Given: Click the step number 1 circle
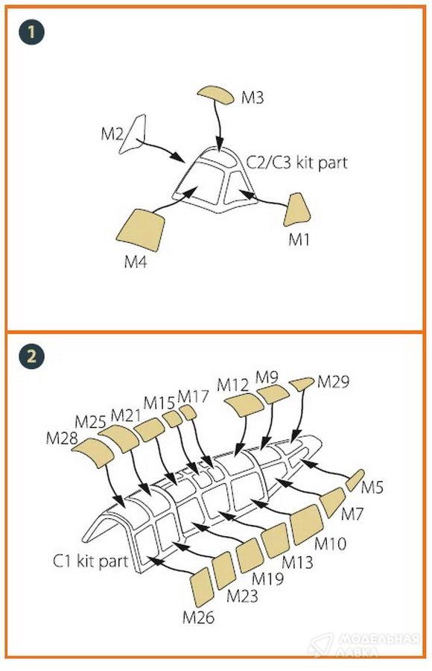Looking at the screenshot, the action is point(31,32).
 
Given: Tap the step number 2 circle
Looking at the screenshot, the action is point(31,356).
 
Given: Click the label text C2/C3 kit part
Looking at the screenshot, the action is point(297,163).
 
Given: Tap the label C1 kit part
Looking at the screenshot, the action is point(90,561).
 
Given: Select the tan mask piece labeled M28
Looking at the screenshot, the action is point(93,453).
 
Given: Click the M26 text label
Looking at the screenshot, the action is point(198,617).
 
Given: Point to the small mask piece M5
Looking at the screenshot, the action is point(355,479).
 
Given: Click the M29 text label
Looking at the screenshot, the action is point(333,381).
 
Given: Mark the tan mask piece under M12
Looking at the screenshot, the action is point(244,404).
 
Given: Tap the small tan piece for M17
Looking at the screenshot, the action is point(188,412).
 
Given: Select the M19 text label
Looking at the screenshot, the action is point(267,579).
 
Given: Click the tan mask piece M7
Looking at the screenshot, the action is point(332,502).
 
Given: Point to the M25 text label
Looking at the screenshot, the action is point(90,422).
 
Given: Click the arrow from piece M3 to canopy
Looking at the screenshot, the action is point(217,127).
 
